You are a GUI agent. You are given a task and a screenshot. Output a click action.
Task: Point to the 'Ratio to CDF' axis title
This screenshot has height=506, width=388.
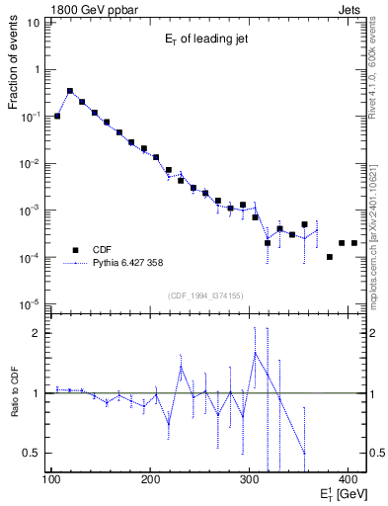14,392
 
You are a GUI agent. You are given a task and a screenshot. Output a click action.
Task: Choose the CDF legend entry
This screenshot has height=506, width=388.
104,250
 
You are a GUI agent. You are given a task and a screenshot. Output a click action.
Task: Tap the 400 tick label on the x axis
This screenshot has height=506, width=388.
348,480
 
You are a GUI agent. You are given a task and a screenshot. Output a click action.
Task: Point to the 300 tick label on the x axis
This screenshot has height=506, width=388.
249,480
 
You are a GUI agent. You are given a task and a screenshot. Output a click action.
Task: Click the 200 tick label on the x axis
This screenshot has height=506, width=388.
150,480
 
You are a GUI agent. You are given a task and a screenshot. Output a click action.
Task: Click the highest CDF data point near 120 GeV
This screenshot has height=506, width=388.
69,91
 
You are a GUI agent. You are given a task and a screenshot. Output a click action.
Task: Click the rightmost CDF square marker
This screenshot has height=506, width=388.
354,242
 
